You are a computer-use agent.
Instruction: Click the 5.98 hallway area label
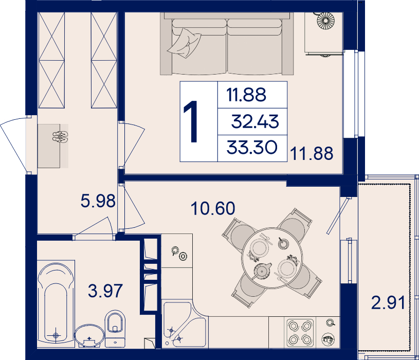[x=98, y=201]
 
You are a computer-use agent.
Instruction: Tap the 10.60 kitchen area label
[x=213, y=208]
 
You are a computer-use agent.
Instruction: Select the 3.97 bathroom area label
[x=105, y=291]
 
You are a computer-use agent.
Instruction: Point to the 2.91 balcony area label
[x=388, y=302]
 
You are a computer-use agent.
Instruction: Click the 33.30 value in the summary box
[x=252, y=148]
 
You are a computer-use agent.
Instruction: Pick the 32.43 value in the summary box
[x=255, y=121]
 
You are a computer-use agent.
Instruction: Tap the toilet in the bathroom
[x=115, y=329]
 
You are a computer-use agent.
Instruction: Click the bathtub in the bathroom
[x=56, y=302]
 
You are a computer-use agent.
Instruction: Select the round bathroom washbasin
[x=89, y=336]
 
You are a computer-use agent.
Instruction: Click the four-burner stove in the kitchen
[x=300, y=333]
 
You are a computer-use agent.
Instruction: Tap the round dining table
[x=272, y=258]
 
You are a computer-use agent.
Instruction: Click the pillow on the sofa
[x=185, y=43]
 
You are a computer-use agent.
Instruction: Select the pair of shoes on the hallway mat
[x=60, y=137]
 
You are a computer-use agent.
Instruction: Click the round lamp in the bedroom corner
[x=325, y=21]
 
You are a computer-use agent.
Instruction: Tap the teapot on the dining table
[x=262, y=271]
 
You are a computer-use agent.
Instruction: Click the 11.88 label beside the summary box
[x=312, y=153]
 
